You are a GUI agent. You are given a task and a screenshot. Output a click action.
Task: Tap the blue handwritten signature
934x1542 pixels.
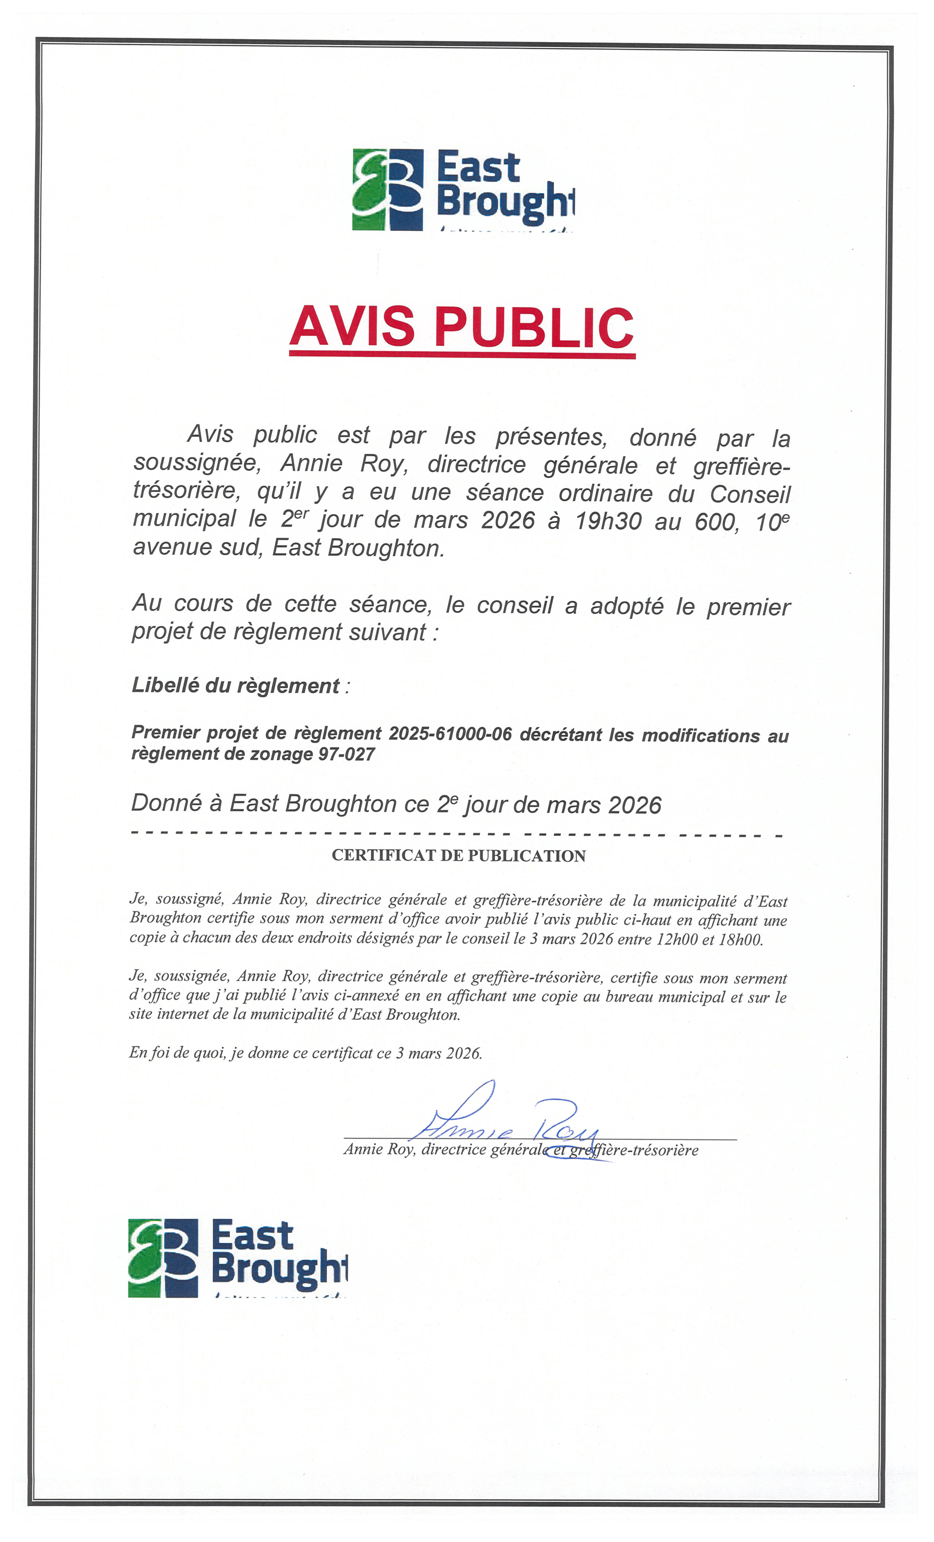click(x=507, y=1123)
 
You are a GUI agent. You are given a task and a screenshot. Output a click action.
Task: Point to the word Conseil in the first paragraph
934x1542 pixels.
click(x=749, y=494)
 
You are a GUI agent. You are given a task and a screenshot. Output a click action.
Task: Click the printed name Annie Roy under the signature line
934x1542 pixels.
click(x=378, y=1149)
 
